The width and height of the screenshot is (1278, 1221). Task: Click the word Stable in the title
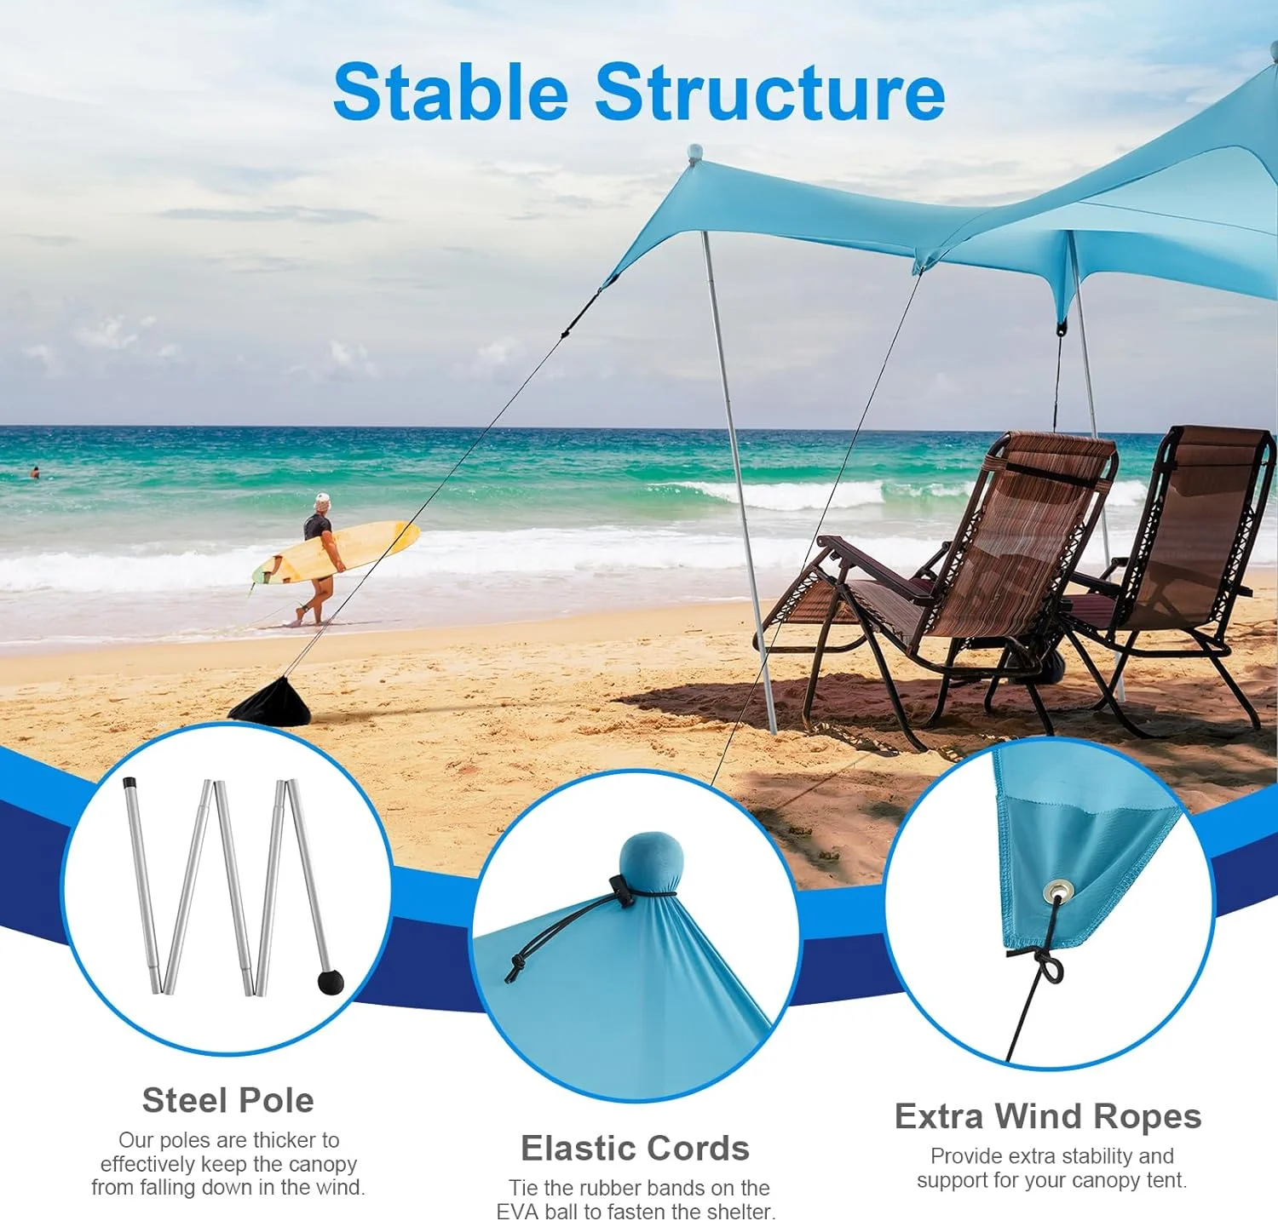450,92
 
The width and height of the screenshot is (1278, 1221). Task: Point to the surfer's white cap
321,500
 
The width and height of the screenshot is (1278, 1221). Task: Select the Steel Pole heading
227,1100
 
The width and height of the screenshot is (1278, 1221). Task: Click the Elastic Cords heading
635,1148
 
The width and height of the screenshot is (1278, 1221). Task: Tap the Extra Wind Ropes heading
1047,1115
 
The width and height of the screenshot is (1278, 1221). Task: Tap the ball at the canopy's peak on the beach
695,152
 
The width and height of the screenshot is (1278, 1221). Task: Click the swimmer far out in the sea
35,472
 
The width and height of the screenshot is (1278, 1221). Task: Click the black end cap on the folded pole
130,782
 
